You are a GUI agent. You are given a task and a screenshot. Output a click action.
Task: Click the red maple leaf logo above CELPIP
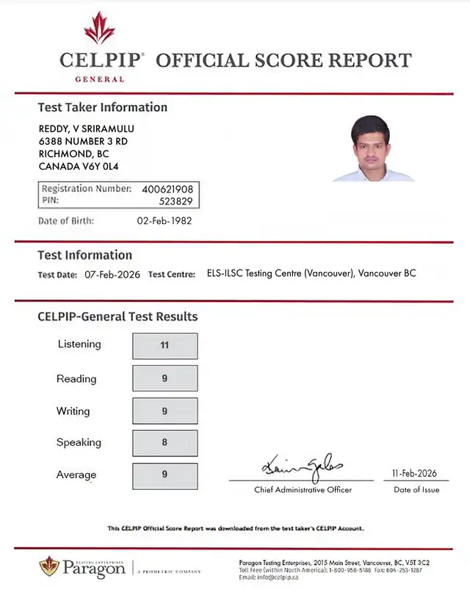(x=99, y=28)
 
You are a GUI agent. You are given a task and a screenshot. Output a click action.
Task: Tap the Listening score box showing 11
(x=164, y=345)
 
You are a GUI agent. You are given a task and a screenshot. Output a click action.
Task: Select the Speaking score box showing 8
(x=164, y=442)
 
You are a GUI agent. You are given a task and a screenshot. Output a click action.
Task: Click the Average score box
(x=164, y=475)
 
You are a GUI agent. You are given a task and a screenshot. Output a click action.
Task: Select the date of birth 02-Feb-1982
(x=164, y=220)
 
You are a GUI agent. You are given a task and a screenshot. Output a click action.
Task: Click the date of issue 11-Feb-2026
(x=416, y=474)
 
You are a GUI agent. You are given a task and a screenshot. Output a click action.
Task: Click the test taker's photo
(x=374, y=149)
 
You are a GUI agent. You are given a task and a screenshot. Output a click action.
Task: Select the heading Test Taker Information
(x=102, y=107)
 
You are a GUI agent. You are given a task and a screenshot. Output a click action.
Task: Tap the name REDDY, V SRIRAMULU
(x=86, y=129)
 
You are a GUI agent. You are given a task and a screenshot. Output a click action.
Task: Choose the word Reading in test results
(x=76, y=379)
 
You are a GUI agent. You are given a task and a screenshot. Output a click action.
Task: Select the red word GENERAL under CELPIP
(x=100, y=79)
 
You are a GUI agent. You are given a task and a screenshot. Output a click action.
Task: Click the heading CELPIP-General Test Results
(x=117, y=317)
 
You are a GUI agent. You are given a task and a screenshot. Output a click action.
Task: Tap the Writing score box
(x=164, y=411)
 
